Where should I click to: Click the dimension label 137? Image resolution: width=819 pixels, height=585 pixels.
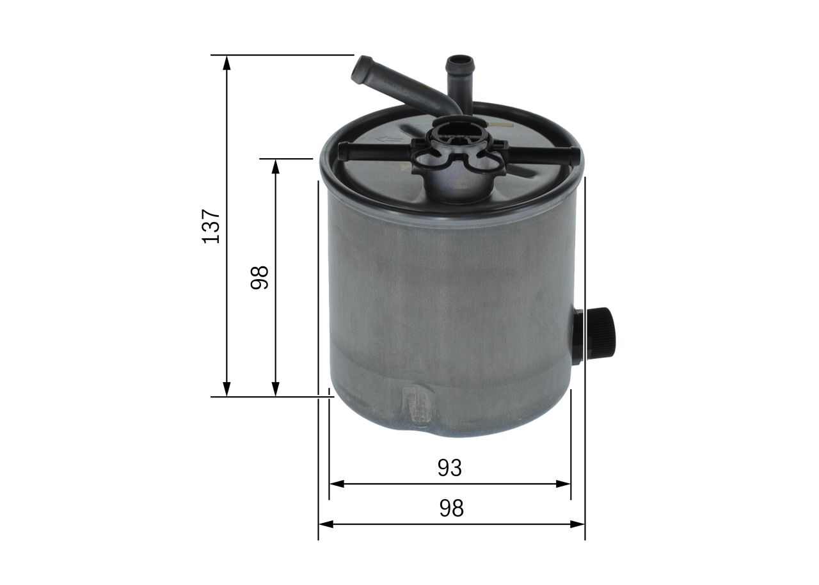[x=211, y=226]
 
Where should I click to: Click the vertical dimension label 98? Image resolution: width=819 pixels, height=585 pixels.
[x=260, y=278]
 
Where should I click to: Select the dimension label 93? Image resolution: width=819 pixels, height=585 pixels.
[x=450, y=468]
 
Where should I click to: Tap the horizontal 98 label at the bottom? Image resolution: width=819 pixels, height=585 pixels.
[x=452, y=508]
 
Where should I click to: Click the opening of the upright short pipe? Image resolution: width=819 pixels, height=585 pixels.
[x=459, y=61]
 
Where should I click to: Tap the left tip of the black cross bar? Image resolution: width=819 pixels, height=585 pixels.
[x=341, y=152]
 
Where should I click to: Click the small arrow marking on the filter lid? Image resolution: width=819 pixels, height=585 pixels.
[x=389, y=140]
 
